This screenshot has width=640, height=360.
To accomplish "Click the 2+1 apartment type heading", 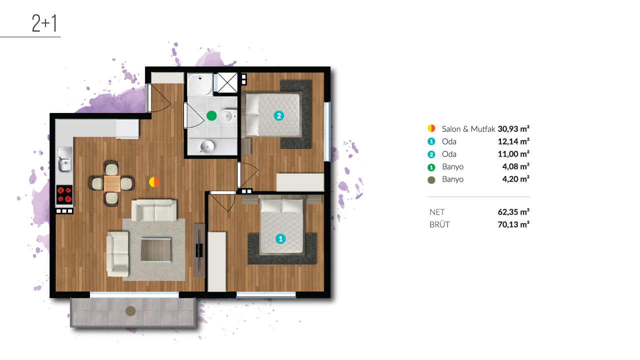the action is coord(44,23).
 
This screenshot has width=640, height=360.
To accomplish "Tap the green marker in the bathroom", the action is coord(211,115).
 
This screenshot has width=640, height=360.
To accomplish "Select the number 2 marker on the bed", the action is coord(279,115).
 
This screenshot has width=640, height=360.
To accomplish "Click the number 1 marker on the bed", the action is coord(280,239).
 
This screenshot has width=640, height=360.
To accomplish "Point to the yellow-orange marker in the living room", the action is coord(154,182).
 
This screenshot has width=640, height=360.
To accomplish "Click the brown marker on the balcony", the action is coord(130,311).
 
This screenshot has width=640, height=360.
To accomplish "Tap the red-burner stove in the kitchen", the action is coord(64,194).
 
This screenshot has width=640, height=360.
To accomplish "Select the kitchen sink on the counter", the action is coord(65,159).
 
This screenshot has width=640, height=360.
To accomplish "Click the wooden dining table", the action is coord(112,183).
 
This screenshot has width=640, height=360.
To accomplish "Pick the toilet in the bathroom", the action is coord(228,116).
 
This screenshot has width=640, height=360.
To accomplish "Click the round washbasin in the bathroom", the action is coord(207,146).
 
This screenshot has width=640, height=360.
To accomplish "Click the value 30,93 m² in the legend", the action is coord(513,129).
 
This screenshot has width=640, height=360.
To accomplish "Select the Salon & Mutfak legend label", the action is coord(468,129).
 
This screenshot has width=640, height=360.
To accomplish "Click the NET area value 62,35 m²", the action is coord(513,211).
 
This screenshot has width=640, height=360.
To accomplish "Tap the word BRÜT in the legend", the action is coord(439,224).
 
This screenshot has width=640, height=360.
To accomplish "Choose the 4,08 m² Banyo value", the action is coord(515,166).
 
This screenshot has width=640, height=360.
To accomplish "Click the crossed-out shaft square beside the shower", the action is coord(227,82).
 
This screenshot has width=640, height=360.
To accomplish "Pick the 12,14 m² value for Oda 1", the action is coord(513,141).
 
